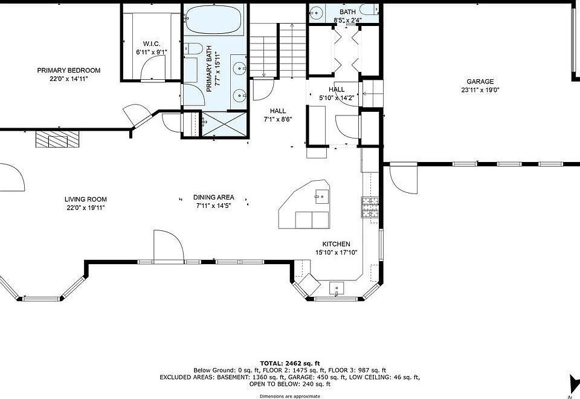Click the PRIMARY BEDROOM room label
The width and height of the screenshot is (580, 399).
(69, 70)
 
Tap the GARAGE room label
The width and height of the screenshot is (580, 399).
(480, 82)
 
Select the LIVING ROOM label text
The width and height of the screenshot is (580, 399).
(85, 199)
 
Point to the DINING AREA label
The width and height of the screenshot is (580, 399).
(214, 197)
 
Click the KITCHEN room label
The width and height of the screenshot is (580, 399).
(337, 244)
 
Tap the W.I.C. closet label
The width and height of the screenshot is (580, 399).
(152, 44)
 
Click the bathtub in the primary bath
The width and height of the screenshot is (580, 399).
(214, 19)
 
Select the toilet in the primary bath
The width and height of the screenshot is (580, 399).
(193, 48)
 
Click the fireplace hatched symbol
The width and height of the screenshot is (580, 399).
(57, 139)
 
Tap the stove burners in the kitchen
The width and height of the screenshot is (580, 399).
(370, 207)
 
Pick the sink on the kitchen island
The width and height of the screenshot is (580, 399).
(322, 196)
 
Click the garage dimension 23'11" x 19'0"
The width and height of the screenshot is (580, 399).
(480, 90)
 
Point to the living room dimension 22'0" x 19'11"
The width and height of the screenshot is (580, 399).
(86, 208)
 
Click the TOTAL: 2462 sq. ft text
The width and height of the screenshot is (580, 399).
(290, 363)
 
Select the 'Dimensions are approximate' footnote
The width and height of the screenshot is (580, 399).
(289, 397)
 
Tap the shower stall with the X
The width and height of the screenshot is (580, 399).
(224, 124)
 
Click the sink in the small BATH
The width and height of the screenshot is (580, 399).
(316, 13)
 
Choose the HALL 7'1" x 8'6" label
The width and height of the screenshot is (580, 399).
(278, 115)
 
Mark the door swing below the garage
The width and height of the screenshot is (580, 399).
(404, 178)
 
